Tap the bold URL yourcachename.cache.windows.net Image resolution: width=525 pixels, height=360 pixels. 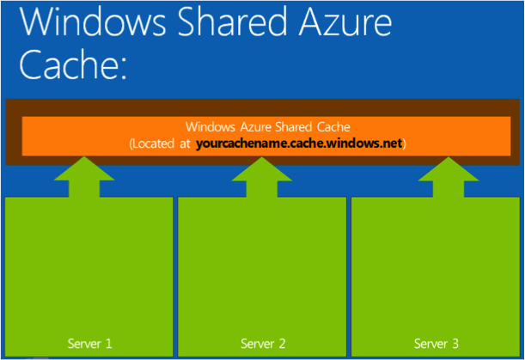click(299, 143)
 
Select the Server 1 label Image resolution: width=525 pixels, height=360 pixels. click(89, 344)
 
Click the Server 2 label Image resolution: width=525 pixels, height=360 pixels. click(263, 344)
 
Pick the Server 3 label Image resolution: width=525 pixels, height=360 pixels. click(436, 344)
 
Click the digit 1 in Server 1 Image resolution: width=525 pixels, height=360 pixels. click(108, 344)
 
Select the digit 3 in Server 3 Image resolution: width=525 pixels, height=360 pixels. click(455, 344)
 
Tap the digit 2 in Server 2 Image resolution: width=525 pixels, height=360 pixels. click(282, 344)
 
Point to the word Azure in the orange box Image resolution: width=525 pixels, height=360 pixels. click(245, 128)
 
